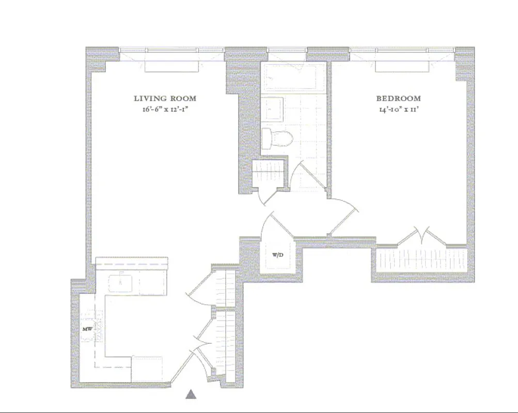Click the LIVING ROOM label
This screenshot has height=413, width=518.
[165, 98]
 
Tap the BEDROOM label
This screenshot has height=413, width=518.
[398, 98]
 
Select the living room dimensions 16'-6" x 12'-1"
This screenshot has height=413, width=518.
[165, 109]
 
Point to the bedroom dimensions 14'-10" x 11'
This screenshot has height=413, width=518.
[398, 109]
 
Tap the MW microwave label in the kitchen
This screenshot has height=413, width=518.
[87, 329]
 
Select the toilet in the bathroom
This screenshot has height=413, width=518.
[276, 138]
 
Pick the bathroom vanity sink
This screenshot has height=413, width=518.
[272, 109]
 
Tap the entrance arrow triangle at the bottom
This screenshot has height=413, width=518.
[192, 395]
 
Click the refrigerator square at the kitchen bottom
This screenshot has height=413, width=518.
[147, 368]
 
